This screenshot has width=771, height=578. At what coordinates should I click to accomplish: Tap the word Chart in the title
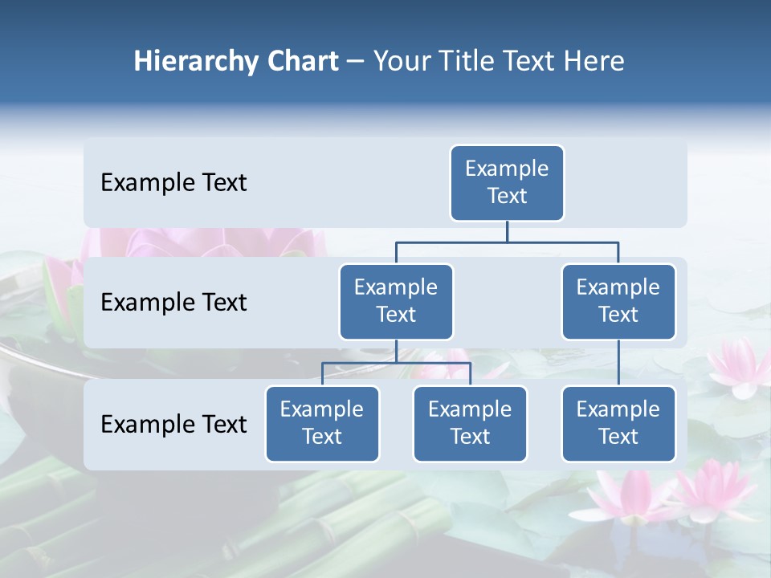tap(300, 62)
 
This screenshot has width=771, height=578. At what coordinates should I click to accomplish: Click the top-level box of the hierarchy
tap(507, 182)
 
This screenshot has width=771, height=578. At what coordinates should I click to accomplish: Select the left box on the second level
tap(396, 301)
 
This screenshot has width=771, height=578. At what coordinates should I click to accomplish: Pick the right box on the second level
tap(618, 301)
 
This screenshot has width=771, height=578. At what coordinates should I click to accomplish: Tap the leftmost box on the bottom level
tap(322, 423)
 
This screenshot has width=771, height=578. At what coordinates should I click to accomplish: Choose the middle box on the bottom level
tap(470, 423)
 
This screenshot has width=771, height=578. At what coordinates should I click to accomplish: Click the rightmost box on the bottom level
tap(618, 423)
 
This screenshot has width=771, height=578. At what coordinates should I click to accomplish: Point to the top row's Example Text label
tap(173, 183)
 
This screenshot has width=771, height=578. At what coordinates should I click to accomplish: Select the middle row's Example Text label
tap(173, 303)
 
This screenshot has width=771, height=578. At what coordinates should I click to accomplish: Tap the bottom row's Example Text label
tap(173, 424)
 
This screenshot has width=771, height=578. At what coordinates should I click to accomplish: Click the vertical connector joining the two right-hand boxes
tap(618, 362)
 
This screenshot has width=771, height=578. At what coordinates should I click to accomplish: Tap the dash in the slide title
tap(356, 62)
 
